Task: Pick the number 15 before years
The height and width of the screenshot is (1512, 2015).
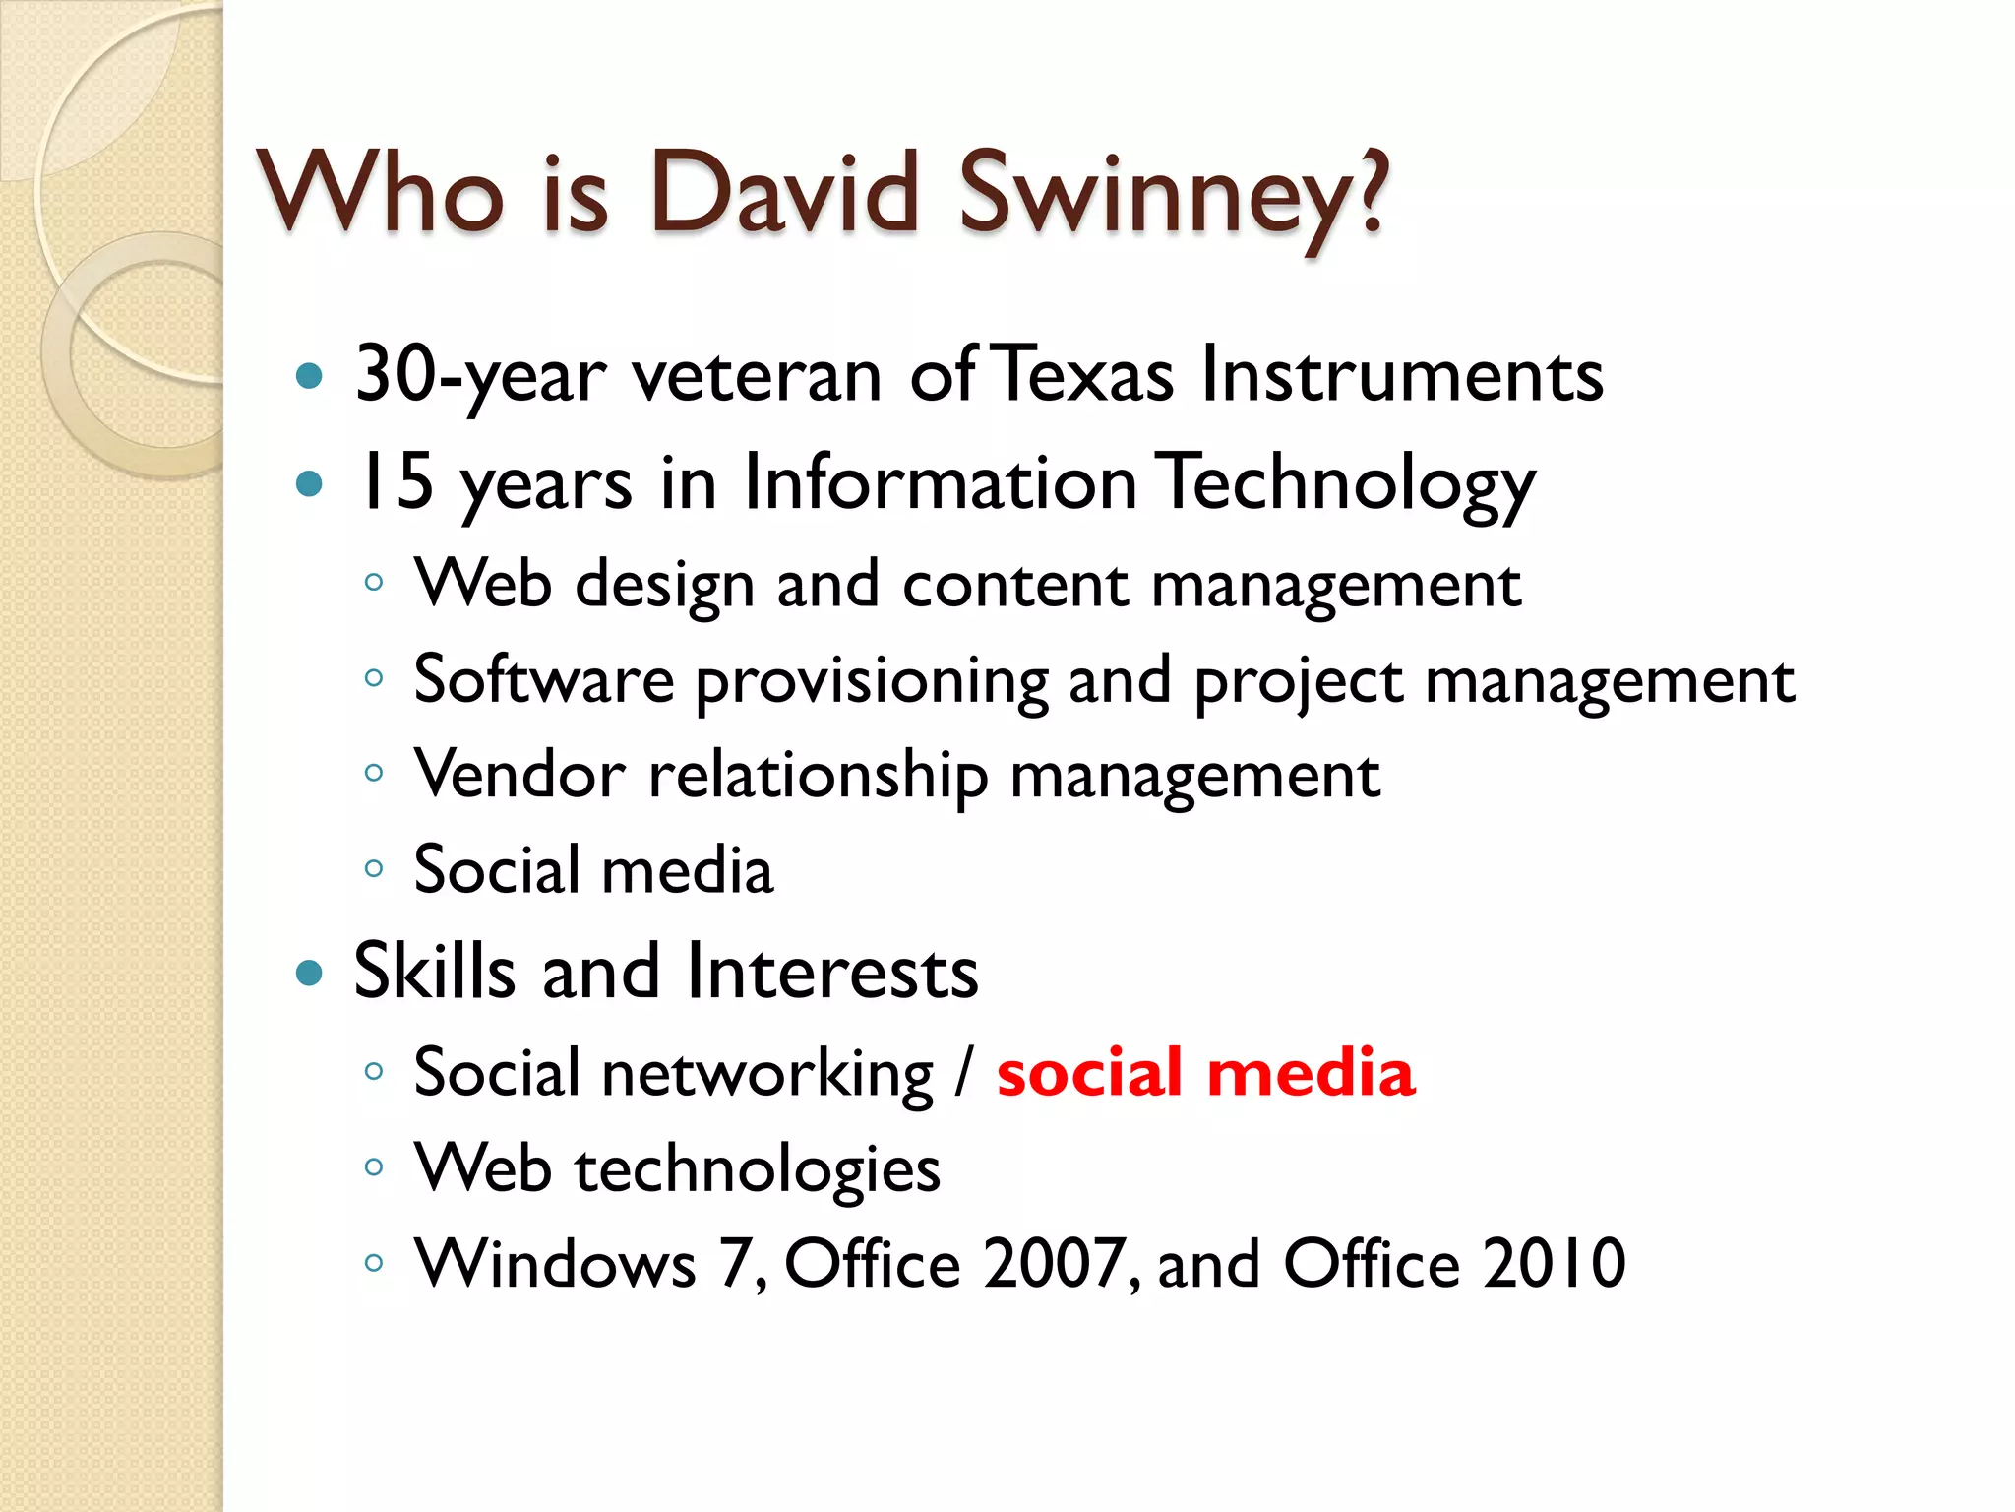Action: pos(395,482)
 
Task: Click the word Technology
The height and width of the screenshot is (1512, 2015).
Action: pos(1344,484)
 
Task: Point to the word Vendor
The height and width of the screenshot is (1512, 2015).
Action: pos(519,775)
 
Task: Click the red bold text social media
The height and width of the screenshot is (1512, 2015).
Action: pos(1206,1072)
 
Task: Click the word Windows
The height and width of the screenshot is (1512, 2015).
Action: pos(556,1264)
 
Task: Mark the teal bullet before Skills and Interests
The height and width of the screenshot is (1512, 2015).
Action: pos(309,974)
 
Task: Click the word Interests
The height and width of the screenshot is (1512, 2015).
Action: pos(832,973)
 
